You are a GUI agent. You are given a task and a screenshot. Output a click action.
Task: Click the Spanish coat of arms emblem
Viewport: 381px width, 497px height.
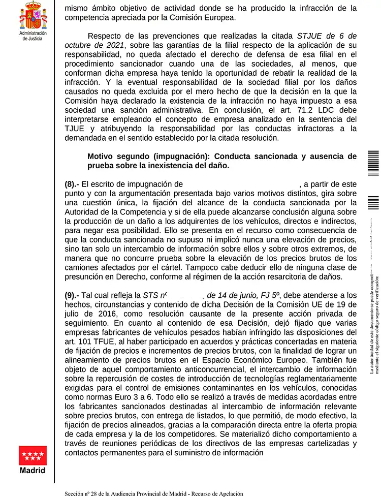(33, 15)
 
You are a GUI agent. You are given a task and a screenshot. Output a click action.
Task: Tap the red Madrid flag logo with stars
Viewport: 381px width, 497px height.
(33, 455)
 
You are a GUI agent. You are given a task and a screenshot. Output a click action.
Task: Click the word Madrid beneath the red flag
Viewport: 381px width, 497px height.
(33, 470)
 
